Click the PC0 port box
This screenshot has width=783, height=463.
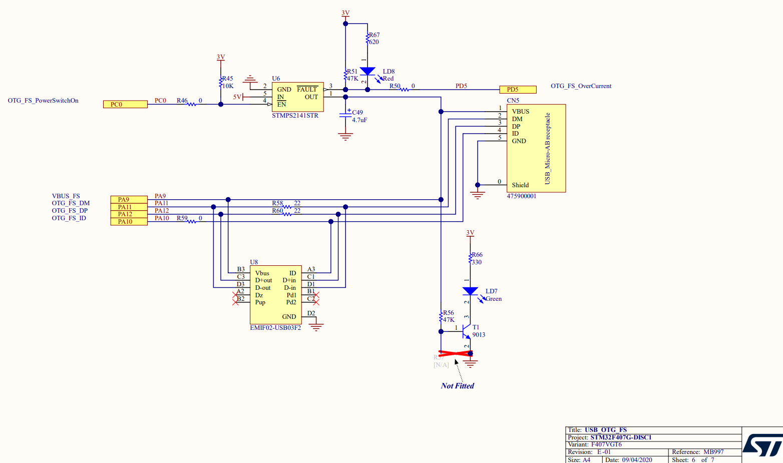pyautogui.click(x=125, y=105)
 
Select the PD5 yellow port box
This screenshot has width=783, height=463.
pyautogui.click(x=518, y=90)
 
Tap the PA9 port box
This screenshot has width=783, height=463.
pyautogui.click(x=129, y=199)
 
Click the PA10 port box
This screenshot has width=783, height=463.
pyautogui.click(x=129, y=222)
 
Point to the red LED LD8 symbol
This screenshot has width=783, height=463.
pyautogui.click(x=367, y=72)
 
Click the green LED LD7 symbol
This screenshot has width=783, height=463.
pyautogui.click(x=470, y=291)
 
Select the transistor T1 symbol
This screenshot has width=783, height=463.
pyautogui.click(x=467, y=331)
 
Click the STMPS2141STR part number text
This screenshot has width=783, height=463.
pyautogui.click(x=295, y=116)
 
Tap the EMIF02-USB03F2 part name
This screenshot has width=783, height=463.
pyautogui.click(x=275, y=328)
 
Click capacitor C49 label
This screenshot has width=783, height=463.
pyautogui.click(x=357, y=113)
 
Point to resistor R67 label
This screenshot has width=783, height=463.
pyautogui.click(x=374, y=35)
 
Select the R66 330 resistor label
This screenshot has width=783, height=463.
pyautogui.click(x=477, y=258)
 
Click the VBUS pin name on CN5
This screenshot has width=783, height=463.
pyautogui.click(x=520, y=112)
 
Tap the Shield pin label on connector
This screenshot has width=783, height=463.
pyautogui.click(x=520, y=185)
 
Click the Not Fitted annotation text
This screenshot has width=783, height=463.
pyautogui.click(x=457, y=386)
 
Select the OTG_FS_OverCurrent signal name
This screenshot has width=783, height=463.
pyautogui.click(x=581, y=86)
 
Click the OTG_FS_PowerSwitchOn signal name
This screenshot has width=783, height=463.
pyautogui.click(x=43, y=101)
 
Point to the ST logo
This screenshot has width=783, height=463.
pyautogui.click(x=762, y=444)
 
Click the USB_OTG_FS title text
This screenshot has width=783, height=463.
pyautogui.click(x=605, y=430)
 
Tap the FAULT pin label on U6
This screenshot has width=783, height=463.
pyautogui.click(x=307, y=90)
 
